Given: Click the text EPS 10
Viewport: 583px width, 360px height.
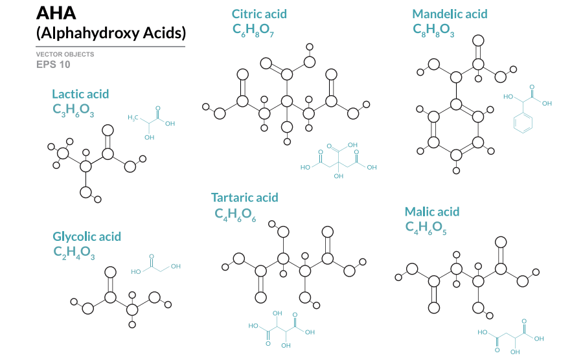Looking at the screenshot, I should pos(53,64).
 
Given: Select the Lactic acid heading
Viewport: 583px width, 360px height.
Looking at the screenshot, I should pos(80,94).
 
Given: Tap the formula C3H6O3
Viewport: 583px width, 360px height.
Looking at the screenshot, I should pos(73,110).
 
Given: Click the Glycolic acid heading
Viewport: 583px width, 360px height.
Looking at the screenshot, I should pos(87,236).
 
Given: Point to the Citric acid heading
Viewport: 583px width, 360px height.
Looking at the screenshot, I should pos(259,14).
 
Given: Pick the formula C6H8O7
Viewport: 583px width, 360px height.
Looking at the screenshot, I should pos(253,30).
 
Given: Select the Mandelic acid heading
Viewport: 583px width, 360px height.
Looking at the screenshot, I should pos(450,14).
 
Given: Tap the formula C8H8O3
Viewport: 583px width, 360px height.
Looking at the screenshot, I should pos(433,30).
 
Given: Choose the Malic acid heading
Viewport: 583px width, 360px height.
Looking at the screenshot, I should pos(432,212).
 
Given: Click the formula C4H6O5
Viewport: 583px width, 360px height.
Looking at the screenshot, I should pos(426,227).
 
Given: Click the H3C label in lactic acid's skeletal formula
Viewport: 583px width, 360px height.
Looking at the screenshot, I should pos(133,118).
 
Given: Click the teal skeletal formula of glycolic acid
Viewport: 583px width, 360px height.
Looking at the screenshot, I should pos(155,265).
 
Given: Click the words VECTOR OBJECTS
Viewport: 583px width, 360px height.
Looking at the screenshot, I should pos(65,54).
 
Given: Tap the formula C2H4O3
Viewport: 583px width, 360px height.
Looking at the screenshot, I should pos(74,253).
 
